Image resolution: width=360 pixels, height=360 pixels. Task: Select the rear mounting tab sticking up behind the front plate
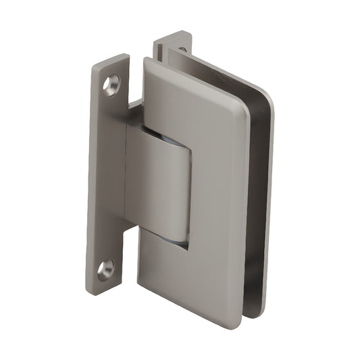(172, 44)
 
